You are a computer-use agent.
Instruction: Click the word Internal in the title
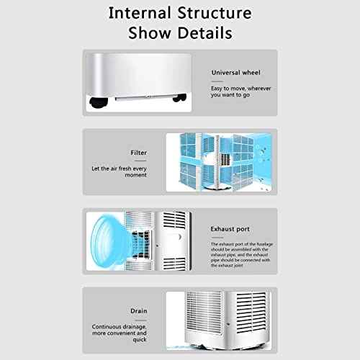pos(140,13)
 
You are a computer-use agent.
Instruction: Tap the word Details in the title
pos(205,32)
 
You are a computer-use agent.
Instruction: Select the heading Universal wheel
pos(235,73)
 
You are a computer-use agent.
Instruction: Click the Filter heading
pos(138,153)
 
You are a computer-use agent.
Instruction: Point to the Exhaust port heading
pos(230,229)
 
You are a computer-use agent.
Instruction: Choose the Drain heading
pos(139,311)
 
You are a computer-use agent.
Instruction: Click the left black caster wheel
pos(99,102)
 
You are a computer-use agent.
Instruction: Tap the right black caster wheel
pos(179,98)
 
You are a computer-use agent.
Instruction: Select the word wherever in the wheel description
pos(259,89)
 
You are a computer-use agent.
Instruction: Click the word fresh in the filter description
pos(125,168)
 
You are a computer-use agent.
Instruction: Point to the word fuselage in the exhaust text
pos(264,244)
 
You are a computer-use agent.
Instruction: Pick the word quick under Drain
pos(140,340)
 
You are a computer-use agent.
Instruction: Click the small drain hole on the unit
pos(228,325)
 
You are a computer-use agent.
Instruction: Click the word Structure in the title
pos(215,13)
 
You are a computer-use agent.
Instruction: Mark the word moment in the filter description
pos(135,175)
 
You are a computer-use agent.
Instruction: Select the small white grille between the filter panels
pos(225,160)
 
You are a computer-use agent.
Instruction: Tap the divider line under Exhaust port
pos(217,238)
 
